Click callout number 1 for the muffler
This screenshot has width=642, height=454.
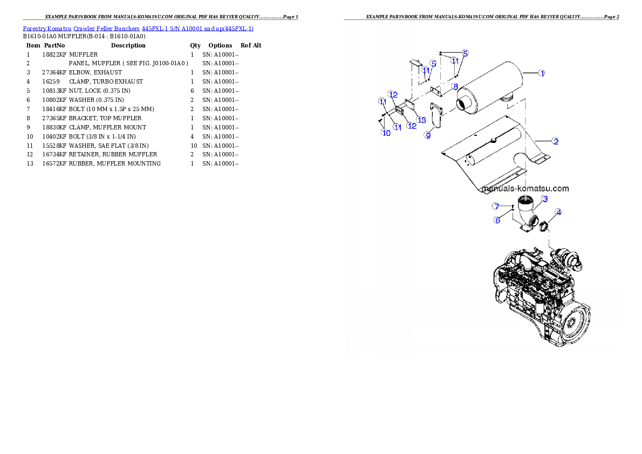click(x=542, y=73)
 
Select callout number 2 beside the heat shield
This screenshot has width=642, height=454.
click(x=555, y=141)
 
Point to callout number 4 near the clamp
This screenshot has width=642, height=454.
click(x=558, y=212)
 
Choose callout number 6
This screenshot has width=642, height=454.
click(x=497, y=220)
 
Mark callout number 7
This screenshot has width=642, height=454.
click(x=496, y=207)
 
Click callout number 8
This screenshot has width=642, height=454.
click(x=455, y=86)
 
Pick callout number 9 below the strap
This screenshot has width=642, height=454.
click(x=428, y=135)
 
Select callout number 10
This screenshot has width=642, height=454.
click(x=386, y=133)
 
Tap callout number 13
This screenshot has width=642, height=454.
click(x=422, y=119)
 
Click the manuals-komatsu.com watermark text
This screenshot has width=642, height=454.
click(x=525, y=189)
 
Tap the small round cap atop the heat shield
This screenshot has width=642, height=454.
click(x=493, y=141)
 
